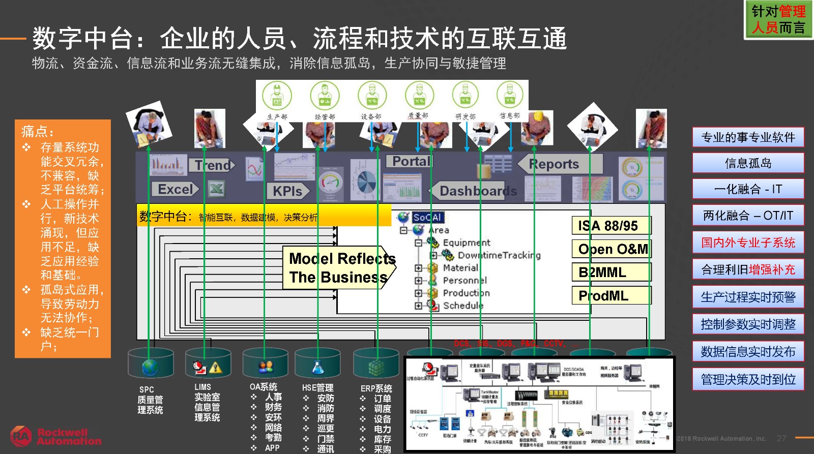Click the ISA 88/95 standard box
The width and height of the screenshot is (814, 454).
click(611, 225)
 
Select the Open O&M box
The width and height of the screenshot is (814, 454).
click(611, 249)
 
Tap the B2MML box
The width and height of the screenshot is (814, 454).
click(611, 273)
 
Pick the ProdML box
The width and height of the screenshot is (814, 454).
click(611, 295)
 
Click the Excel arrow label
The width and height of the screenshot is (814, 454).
click(175, 189)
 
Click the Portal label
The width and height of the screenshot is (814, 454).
click(410, 162)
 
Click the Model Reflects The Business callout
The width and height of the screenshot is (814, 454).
click(340, 268)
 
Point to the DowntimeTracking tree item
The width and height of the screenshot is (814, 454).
click(498, 255)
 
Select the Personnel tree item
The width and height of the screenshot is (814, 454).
click(464, 280)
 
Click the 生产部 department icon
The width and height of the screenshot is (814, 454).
click(277, 96)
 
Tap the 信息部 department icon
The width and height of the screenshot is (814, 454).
click(510, 95)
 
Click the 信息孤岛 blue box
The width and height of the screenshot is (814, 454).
click(748, 163)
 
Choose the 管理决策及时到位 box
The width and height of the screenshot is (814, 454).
click(748, 379)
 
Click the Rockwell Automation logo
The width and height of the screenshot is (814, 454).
click(56, 437)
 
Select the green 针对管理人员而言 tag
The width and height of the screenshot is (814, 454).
click(778, 19)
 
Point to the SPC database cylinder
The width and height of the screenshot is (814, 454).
click(151, 363)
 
